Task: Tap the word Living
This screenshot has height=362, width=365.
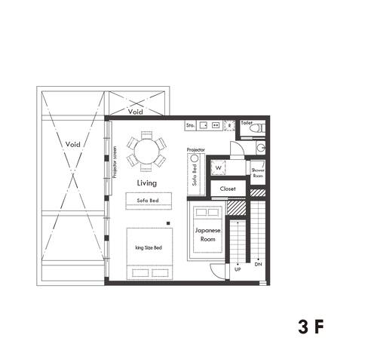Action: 146,183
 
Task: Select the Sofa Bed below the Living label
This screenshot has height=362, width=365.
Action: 148,201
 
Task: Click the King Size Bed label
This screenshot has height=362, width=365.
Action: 148,247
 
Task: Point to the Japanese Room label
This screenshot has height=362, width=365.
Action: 207,234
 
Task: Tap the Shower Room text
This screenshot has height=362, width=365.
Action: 258,173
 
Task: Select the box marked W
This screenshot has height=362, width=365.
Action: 218,167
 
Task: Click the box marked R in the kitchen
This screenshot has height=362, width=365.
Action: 229,126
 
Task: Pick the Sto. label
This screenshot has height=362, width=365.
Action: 191,125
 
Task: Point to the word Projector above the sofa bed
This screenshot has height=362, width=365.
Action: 195,150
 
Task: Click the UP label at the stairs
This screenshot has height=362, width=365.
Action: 238,268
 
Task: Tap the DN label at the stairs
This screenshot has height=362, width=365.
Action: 258,265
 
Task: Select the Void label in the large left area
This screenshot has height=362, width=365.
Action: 73,143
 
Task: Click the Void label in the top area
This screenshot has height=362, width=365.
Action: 136,111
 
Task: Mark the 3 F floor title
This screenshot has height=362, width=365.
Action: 311,327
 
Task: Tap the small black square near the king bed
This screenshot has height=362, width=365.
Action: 170,222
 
